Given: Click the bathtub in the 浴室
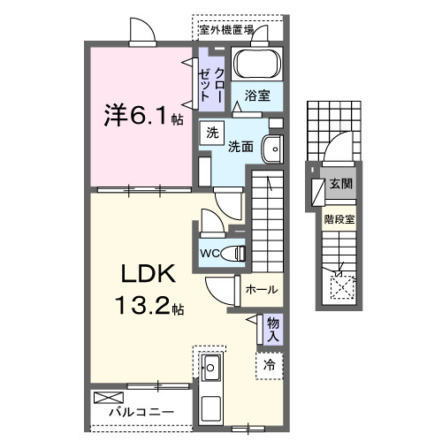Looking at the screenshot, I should coord(259,67).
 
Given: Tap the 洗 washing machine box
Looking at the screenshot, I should coord(211,133).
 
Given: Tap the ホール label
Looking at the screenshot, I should coord(261,289).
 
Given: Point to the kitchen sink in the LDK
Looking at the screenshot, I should coord(211,369).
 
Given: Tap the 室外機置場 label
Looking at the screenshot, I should coord(226,29).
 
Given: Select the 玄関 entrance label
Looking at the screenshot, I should coord(341,185).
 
